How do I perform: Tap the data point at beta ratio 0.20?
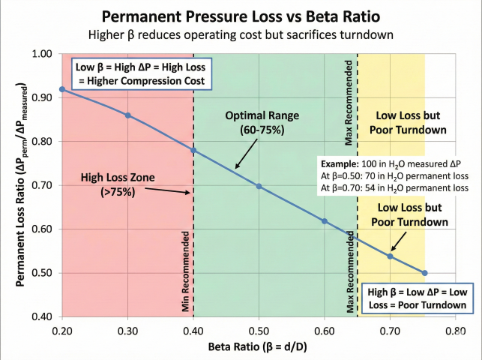(62, 89)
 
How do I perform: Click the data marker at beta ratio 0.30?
(127, 115)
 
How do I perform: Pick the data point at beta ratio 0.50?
(259, 185)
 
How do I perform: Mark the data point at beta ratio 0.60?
(324, 221)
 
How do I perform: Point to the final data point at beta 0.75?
(424, 273)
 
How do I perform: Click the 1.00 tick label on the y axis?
(42, 54)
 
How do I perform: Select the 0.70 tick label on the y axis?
(42, 185)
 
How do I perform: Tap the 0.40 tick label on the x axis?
(193, 329)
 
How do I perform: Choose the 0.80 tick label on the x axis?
(455, 329)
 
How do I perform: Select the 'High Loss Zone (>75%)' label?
(118, 185)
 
